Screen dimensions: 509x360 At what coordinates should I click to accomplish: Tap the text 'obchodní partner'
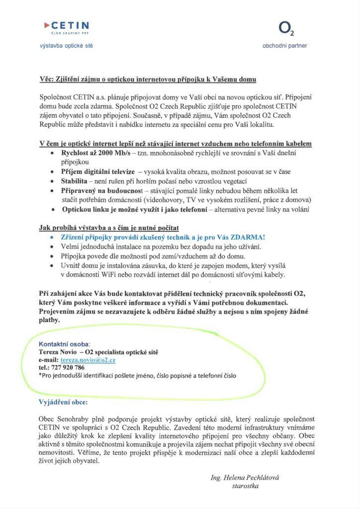tap(285, 46)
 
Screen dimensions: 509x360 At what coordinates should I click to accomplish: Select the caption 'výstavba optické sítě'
tap(67, 46)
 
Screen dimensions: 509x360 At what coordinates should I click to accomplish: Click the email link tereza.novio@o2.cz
tap(88, 359)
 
